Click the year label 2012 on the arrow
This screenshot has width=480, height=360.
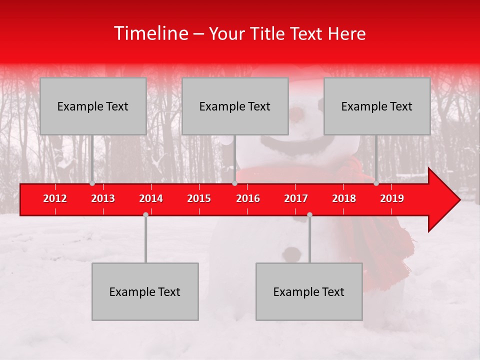coord(55,198)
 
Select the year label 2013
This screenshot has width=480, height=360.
coord(103,198)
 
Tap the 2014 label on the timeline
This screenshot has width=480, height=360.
coord(151,198)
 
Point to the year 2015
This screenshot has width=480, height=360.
coord(199,198)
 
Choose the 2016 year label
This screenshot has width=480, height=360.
coord(248,198)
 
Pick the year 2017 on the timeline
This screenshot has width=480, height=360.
coord(296,198)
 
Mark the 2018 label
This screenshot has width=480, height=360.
coord(344,198)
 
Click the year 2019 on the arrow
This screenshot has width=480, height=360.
coord(392,198)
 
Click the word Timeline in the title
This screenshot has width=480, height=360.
coord(150,33)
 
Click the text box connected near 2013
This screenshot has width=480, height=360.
coord(93,106)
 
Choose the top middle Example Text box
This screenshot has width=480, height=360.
coord(235,106)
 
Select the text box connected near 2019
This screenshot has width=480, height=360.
coord(377,106)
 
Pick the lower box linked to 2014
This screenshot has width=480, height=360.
coord(145,291)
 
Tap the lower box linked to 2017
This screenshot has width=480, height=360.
coord(309,291)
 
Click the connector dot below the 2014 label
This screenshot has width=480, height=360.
coord(145,214)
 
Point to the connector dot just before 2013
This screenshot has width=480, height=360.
coord(92,183)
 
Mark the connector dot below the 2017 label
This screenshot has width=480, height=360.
coord(309,214)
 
